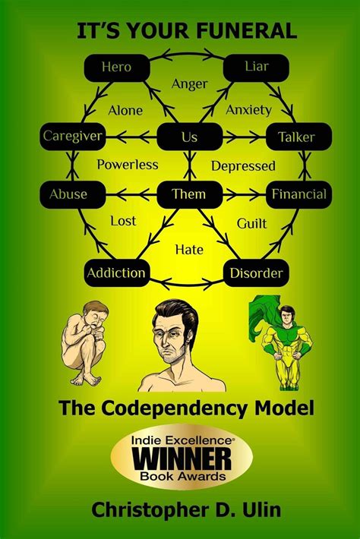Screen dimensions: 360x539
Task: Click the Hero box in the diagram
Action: (x=117, y=68)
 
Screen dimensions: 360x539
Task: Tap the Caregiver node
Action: (x=73, y=137)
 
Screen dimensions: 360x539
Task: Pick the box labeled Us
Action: (x=189, y=137)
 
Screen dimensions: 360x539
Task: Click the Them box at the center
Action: (x=189, y=194)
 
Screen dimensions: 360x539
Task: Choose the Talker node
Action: (x=298, y=137)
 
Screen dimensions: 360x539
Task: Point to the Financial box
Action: (x=298, y=194)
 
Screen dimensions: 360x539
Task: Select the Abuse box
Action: (x=73, y=194)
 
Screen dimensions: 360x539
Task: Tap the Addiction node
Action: (x=117, y=273)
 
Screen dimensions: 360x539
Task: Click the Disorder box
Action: (x=256, y=273)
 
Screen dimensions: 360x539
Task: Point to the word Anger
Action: (x=189, y=84)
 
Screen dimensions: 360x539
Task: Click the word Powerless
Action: (x=128, y=165)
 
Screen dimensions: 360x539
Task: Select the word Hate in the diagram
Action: (x=189, y=249)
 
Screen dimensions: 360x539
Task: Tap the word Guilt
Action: (x=251, y=223)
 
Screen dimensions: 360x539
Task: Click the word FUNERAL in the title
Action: (x=245, y=30)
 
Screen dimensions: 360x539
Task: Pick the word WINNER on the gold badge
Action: (x=182, y=459)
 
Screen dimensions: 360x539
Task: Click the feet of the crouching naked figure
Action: (x=86, y=379)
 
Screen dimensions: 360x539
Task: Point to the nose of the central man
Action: (x=166, y=344)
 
